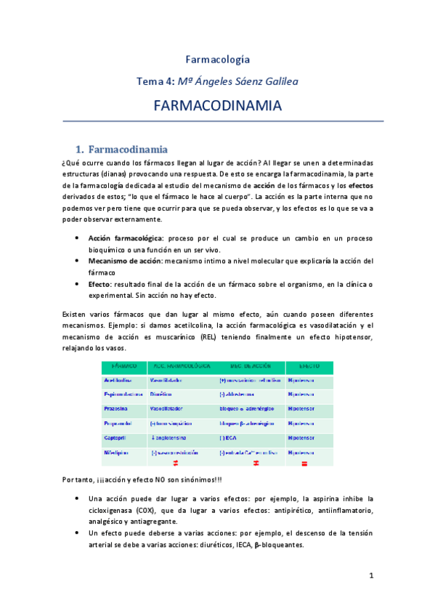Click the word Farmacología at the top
click(x=217, y=59)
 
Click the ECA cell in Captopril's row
click(x=229, y=438)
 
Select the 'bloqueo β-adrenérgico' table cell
click(x=246, y=423)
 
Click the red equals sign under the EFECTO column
click(x=305, y=464)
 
